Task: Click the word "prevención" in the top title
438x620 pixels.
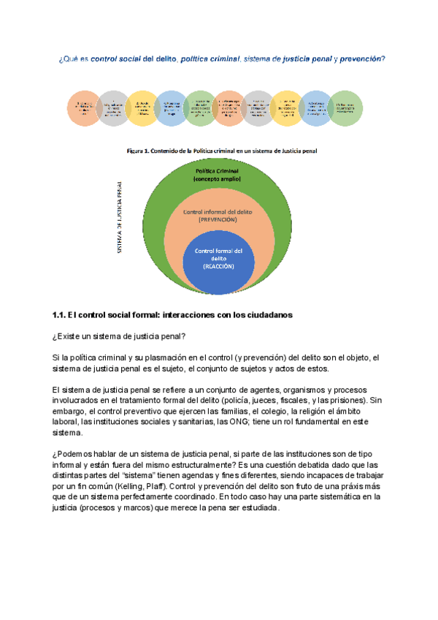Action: (363, 59)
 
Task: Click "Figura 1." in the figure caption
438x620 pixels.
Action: (139, 151)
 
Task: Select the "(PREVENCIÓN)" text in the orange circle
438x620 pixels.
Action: (218, 219)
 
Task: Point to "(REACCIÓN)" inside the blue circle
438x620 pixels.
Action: (218, 267)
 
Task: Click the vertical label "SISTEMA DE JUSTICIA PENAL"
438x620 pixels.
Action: (120, 218)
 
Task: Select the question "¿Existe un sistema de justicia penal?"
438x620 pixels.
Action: (119, 336)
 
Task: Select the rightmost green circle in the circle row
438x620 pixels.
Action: (346, 108)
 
